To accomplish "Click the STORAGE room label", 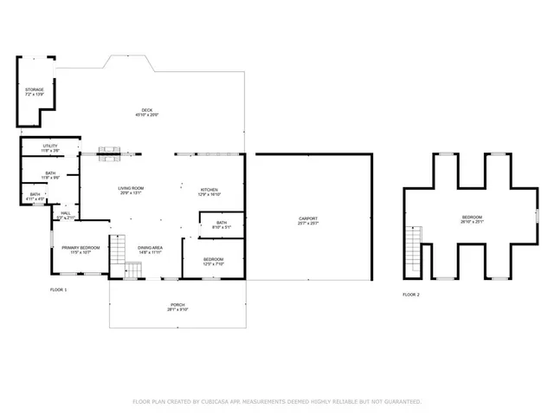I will [x=34, y=89].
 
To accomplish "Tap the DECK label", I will [x=148, y=109].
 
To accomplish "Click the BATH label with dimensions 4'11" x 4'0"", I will [x=35, y=194].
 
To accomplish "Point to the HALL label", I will [x=65, y=212].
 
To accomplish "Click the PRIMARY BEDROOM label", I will [x=81, y=248].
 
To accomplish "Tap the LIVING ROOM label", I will [x=131, y=188].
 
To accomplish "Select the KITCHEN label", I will [x=209, y=190].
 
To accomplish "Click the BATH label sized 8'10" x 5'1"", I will [x=222, y=224].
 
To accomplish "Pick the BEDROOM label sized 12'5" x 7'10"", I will [x=213, y=259].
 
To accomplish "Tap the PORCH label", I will [x=177, y=306].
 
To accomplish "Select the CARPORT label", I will [x=308, y=218].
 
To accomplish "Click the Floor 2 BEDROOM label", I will [x=472, y=217].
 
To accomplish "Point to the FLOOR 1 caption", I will [x=58, y=289].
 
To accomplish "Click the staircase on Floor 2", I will [x=415, y=235].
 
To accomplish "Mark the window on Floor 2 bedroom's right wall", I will [x=537, y=212].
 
